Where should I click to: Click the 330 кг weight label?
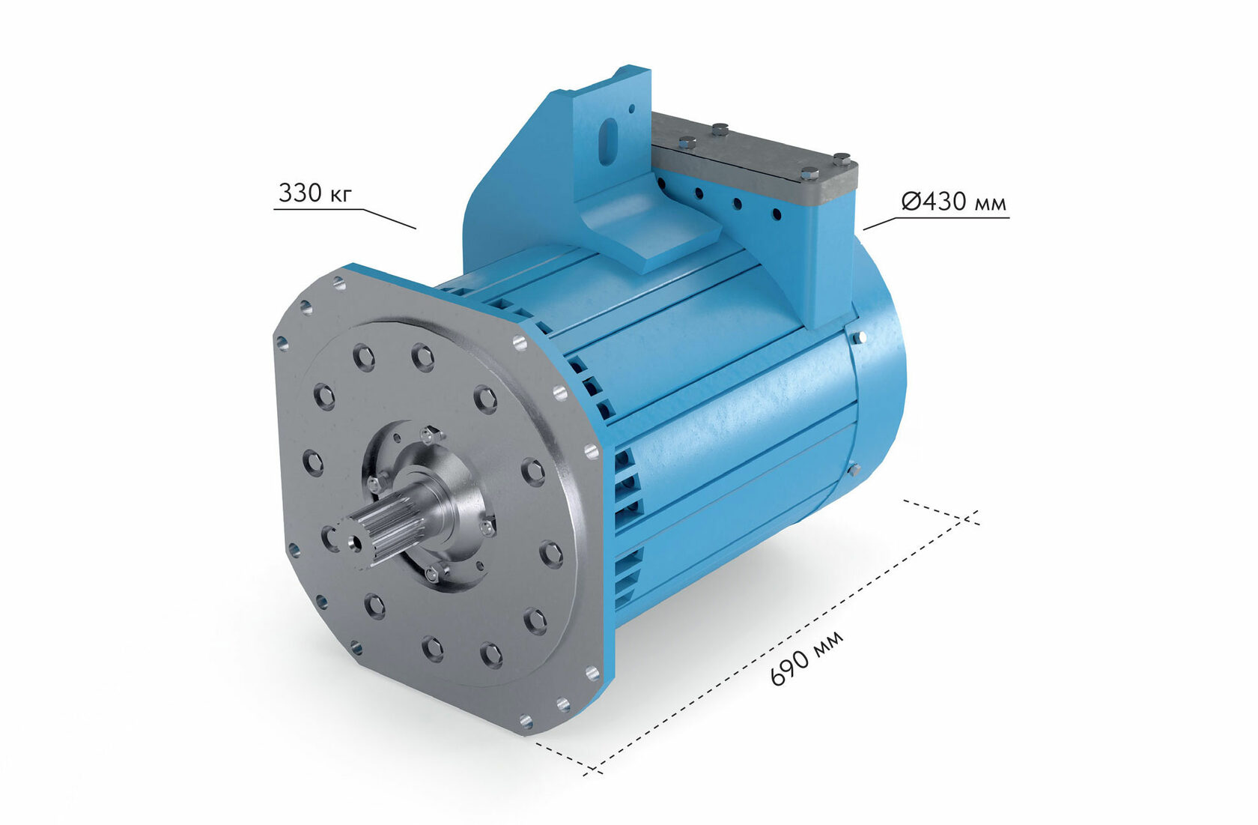click(x=315, y=193)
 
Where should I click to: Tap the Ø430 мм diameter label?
click(x=954, y=201)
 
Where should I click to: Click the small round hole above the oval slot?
click(x=631, y=109)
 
